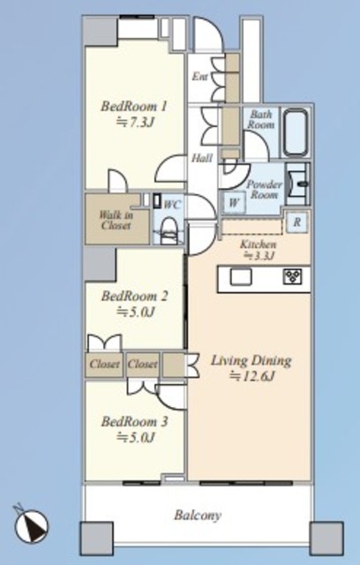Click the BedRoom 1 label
134,106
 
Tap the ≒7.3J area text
135,123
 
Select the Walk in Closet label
116,221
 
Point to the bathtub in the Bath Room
296,132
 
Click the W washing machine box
234,202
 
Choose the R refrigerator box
297,222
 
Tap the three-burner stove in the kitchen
292,276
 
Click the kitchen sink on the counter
241,276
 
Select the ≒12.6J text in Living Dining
252,377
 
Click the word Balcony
198,516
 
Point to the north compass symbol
31,526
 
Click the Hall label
201,158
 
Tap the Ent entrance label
199,77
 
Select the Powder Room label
264,190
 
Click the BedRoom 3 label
134,421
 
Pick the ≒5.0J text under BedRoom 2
135,312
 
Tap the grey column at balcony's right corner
326,538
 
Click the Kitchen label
259,245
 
